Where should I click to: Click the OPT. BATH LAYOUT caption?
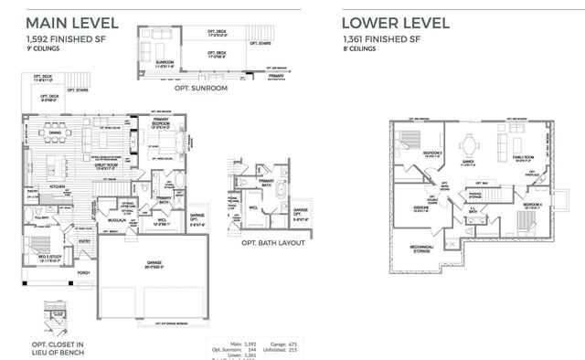point(272,244)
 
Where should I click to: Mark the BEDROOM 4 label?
point(534,204)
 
